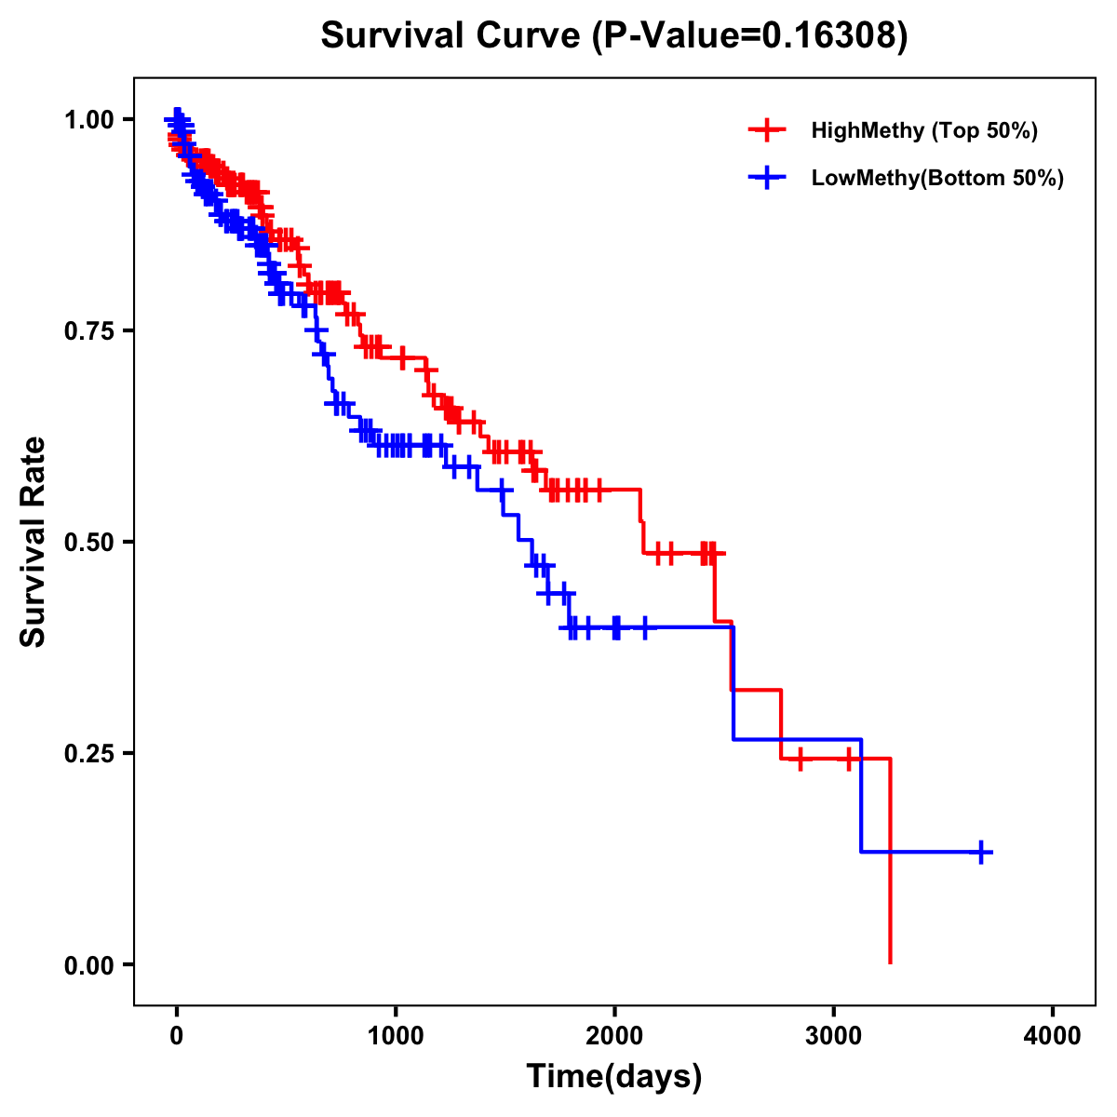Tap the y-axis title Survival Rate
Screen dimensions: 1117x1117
tap(34, 541)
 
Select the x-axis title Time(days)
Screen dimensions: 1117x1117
tap(613, 1076)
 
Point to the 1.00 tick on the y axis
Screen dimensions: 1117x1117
tap(88, 120)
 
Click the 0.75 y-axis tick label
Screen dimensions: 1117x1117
tap(88, 331)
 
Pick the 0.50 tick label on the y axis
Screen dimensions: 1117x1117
tap(88, 543)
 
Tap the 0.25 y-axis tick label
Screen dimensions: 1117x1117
tap(88, 753)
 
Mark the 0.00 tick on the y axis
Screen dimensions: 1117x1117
tap(88, 965)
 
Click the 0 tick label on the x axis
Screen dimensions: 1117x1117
tap(177, 1036)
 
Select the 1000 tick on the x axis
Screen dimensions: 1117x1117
tap(396, 1036)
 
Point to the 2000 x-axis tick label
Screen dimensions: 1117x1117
tap(614, 1036)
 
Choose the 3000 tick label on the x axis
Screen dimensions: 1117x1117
tap(833, 1036)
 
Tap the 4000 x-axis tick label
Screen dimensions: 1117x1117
tap(1053, 1036)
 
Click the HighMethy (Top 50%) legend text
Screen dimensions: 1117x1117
tap(924, 130)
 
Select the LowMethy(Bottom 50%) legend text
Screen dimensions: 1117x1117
tap(937, 178)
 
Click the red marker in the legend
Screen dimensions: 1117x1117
tap(767, 130)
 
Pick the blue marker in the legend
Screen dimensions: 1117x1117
tap(767, 178)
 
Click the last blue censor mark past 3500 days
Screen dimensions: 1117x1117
tap(981, 852)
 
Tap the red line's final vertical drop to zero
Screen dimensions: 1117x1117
tap(891, 866)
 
